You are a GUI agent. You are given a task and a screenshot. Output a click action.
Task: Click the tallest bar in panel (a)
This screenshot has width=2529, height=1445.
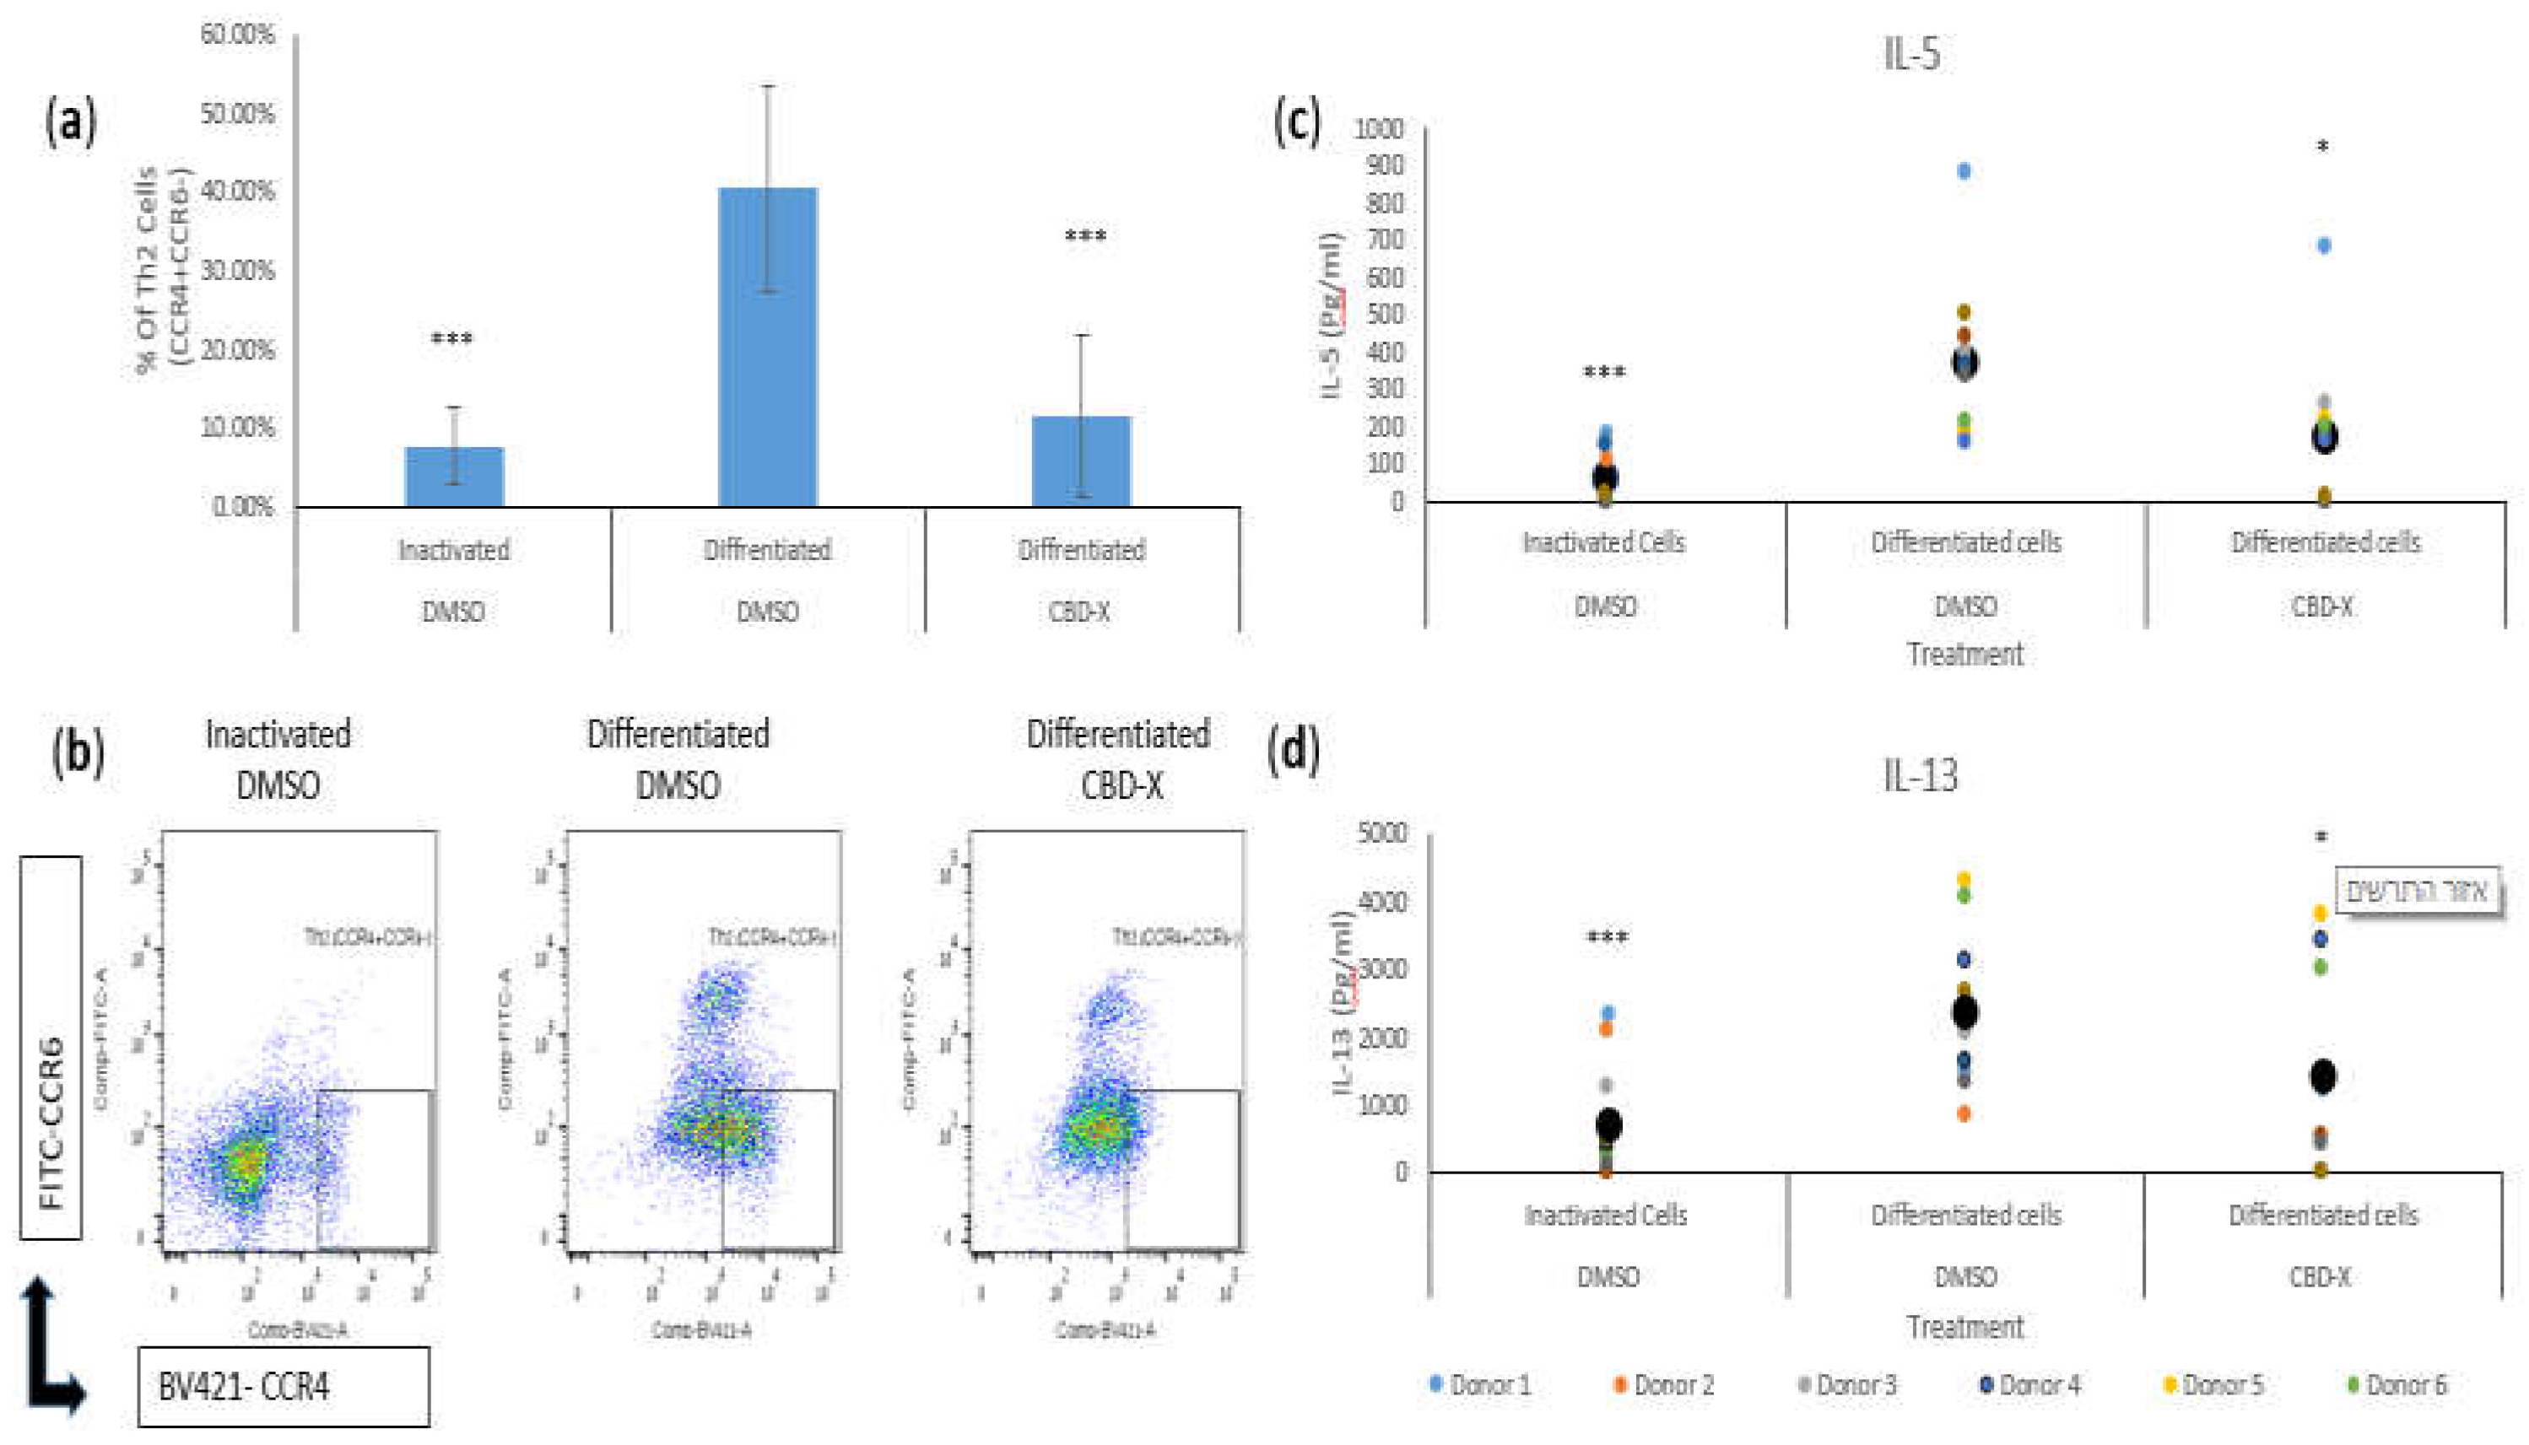[767, 348]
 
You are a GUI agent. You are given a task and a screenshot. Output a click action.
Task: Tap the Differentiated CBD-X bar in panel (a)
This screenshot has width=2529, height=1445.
[1081, 461]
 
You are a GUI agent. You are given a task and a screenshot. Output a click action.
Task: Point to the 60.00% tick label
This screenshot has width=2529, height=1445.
[237, 35]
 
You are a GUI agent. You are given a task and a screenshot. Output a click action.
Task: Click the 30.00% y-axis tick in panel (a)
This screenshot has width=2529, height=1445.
[237, 270]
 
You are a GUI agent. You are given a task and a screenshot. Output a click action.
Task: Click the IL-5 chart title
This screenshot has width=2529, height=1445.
[1910, 52]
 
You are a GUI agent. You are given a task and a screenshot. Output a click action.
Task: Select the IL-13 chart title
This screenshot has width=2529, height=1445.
[1920, 775]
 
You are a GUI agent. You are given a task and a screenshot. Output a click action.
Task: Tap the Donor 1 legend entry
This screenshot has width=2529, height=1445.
[1481, 1384]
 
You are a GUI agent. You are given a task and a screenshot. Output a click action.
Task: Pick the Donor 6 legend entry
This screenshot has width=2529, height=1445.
[2398, 1384]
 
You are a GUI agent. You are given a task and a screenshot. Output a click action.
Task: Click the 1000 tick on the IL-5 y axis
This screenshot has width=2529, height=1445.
[1381, 129]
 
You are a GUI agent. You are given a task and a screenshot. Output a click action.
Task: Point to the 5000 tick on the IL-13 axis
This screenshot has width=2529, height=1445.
[1381, 832]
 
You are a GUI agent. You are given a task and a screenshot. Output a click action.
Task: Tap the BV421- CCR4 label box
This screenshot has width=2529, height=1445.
[284, 1387]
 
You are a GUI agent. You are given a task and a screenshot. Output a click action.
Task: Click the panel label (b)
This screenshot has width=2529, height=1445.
[78, 752]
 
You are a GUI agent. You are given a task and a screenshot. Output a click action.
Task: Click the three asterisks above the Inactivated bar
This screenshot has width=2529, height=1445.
[451, 339]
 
